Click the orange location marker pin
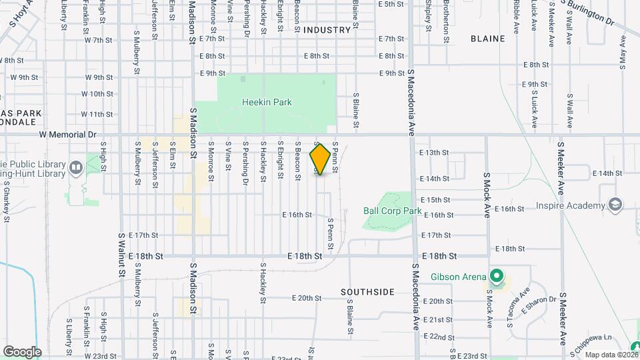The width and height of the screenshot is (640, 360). pos(321,159)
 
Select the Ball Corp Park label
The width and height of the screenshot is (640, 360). pos(393,211)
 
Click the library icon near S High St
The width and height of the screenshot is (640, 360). pos(76,167)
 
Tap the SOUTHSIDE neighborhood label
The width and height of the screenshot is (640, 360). pos(367,292)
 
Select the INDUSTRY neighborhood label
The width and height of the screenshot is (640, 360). pos(327,30)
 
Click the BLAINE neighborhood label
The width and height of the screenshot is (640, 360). pos(487,39)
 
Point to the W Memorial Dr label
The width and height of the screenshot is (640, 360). pos(67,134)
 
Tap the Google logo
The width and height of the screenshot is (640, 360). pos(22,351)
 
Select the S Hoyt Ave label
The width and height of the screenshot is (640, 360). pos(22,15)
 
